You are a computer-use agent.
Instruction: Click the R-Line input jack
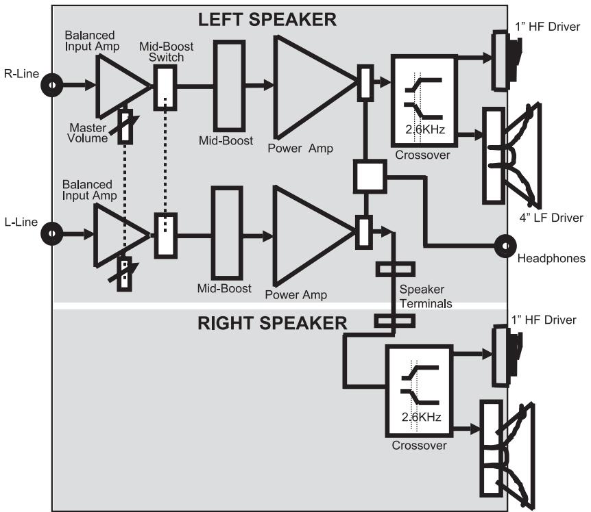(51, 86)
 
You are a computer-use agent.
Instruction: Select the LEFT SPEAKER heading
(267, 20)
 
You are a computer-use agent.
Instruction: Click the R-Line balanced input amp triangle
(118, 86)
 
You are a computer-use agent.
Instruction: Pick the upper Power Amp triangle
(309, 85)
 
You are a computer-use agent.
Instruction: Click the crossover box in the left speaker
(422, 100)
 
